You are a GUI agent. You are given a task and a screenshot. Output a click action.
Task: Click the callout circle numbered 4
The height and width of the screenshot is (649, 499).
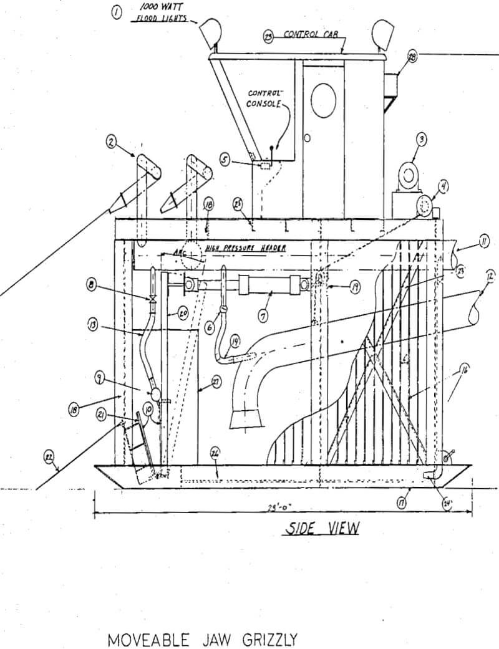(x=443, y=186)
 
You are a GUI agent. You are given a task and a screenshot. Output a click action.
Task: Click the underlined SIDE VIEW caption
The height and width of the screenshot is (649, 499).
(x=322, y=529)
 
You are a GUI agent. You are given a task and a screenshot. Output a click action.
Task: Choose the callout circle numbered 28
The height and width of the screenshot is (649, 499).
(x=412, y=58)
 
